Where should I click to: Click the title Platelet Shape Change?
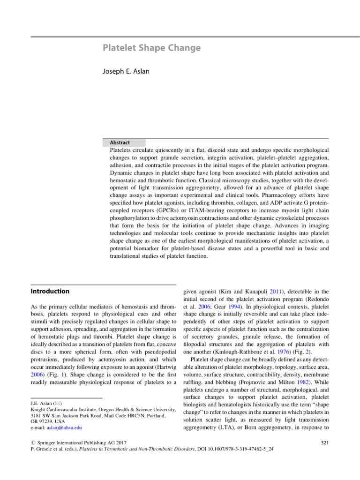coord(151,48)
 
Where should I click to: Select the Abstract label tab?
coord(120,142)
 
